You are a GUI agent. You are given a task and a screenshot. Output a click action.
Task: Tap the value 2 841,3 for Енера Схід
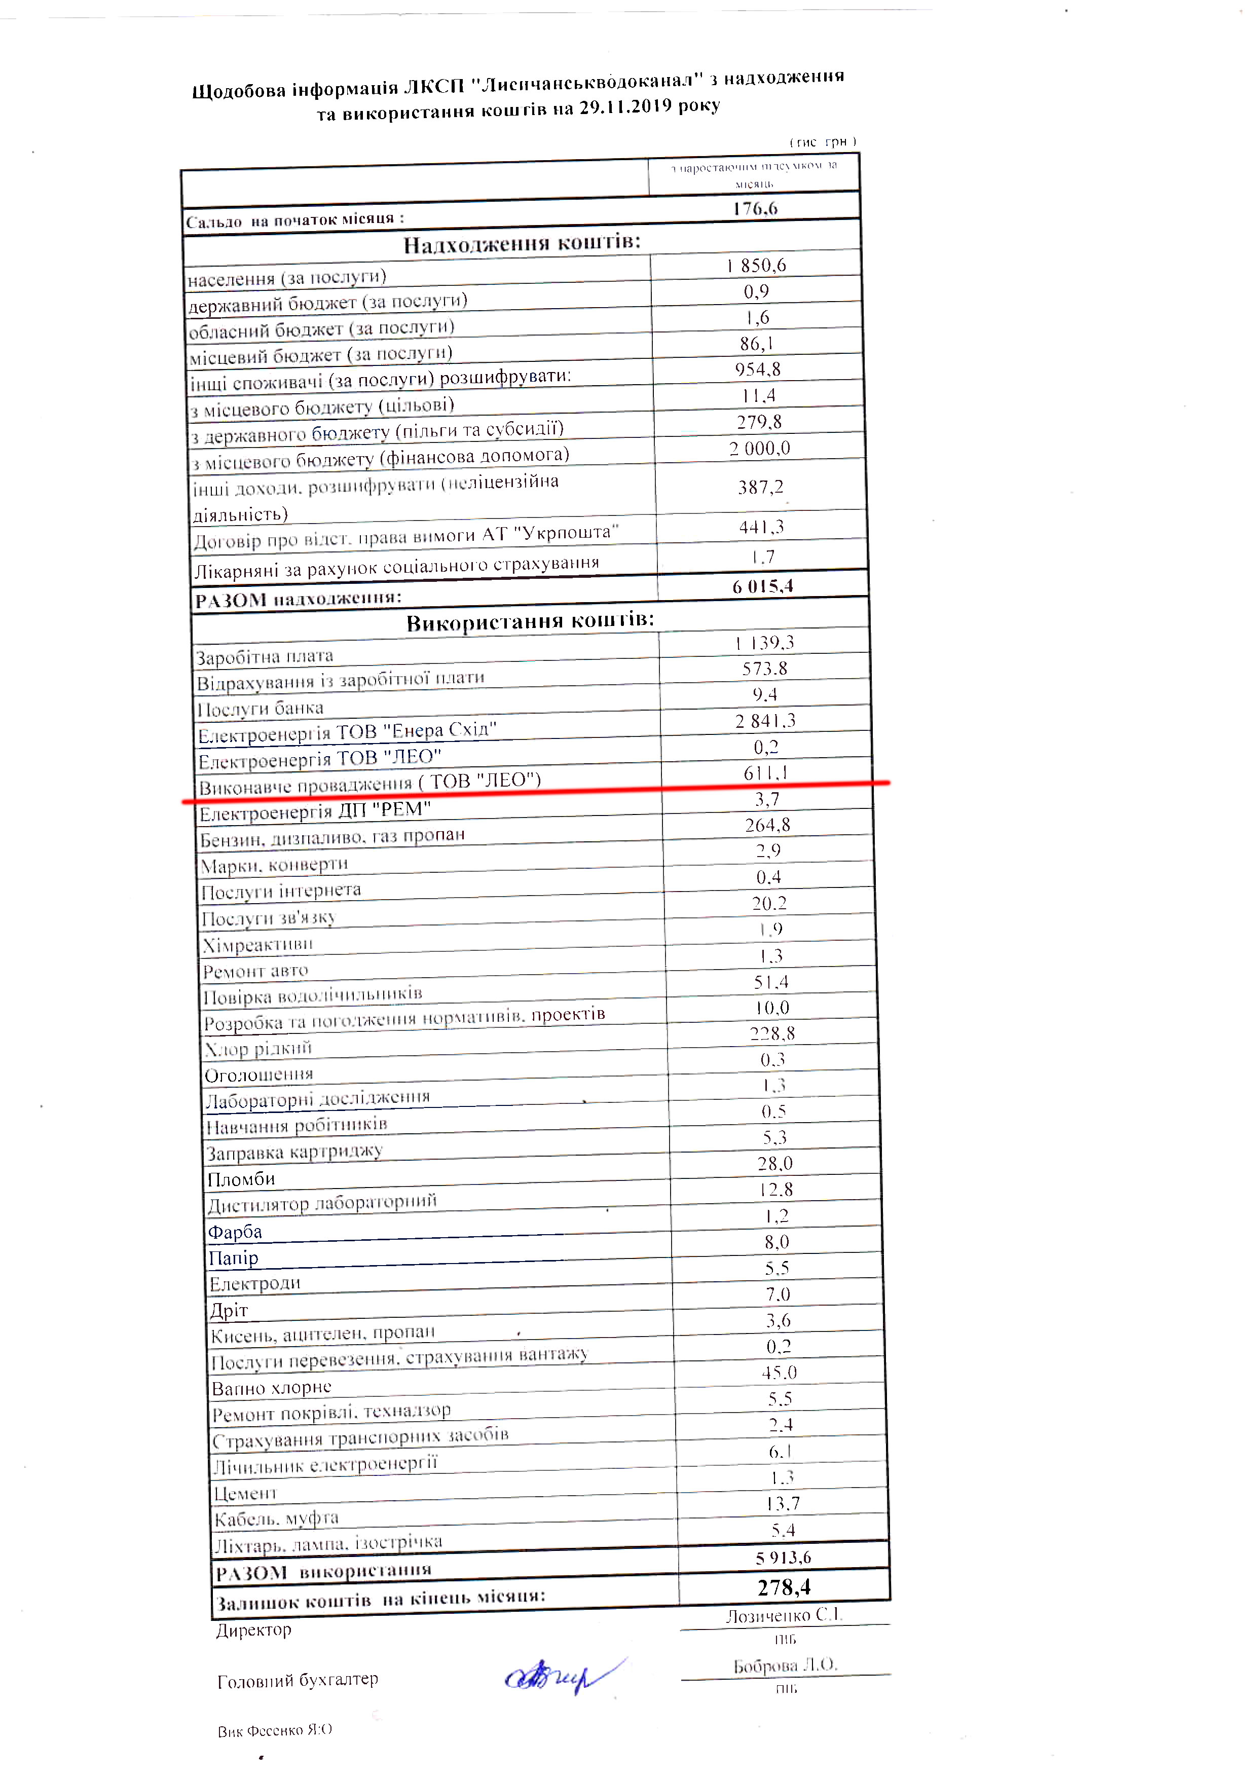click(765, 721)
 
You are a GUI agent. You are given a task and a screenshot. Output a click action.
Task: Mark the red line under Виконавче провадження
click(534, 791)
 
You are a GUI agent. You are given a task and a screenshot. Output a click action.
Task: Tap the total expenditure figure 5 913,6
click(783, 1558)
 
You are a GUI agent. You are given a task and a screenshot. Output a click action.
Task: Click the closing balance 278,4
click(784, 1587)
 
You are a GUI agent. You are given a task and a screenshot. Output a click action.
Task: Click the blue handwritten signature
click(562, 1677)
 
